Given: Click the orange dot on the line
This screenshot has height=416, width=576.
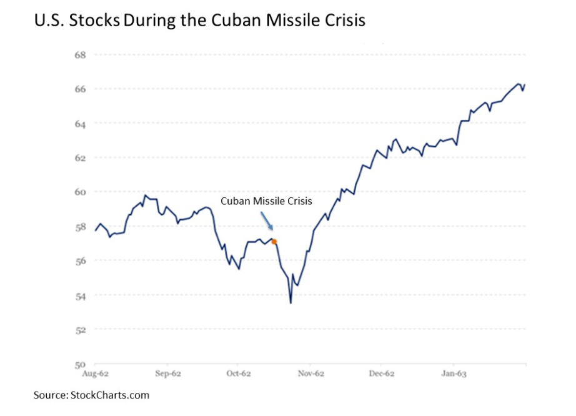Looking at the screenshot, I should [x=274, y=241].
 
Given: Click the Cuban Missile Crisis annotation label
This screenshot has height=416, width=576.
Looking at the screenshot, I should [x=266, y=201].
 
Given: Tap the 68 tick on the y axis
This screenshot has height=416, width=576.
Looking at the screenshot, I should [x=79, y=54].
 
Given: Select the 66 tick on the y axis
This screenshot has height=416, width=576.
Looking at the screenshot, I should [x=79, y=89].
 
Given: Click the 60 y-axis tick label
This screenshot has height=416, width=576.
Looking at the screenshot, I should [x=79, y=192].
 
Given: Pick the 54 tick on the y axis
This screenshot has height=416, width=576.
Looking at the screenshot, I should [x=79, y=295].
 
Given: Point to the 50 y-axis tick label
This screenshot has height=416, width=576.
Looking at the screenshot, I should [x=79, y=364].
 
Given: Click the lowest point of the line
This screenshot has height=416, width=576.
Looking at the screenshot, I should [x=290, y=303].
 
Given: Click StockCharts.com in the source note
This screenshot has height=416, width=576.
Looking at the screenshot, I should [x=110, y=395].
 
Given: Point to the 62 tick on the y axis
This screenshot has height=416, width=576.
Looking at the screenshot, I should [x=79, y=157].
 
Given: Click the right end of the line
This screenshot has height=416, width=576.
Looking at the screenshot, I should [x=525, y=84].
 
